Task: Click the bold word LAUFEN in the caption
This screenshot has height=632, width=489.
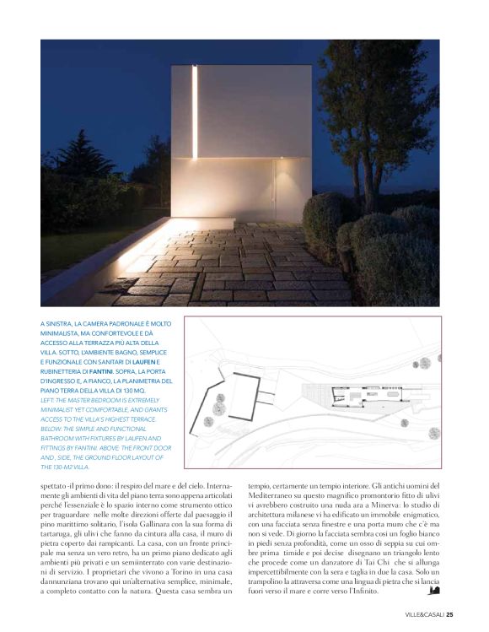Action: (149, 360)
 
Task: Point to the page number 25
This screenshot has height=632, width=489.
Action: (451, 614)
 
